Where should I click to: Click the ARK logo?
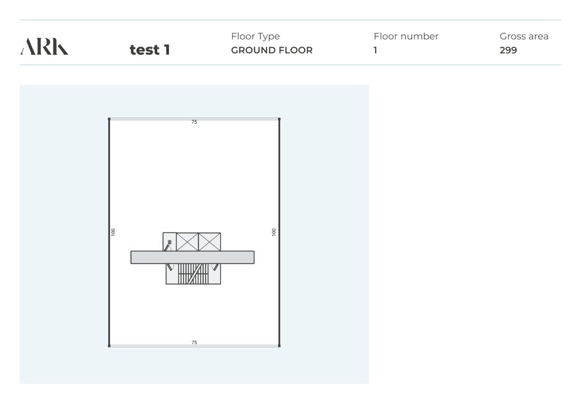click(44, 47)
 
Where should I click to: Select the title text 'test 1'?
click(150, 49)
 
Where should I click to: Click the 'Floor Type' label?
click(255, 36)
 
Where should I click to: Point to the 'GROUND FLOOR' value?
click(272, 50)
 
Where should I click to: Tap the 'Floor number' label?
click(406, 36)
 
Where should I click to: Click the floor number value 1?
click(376, 50)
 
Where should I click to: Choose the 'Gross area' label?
click(524, 36)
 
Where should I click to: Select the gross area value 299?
click(508, 50)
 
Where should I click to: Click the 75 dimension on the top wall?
click(194, 122)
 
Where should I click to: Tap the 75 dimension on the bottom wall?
click(194, 342)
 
